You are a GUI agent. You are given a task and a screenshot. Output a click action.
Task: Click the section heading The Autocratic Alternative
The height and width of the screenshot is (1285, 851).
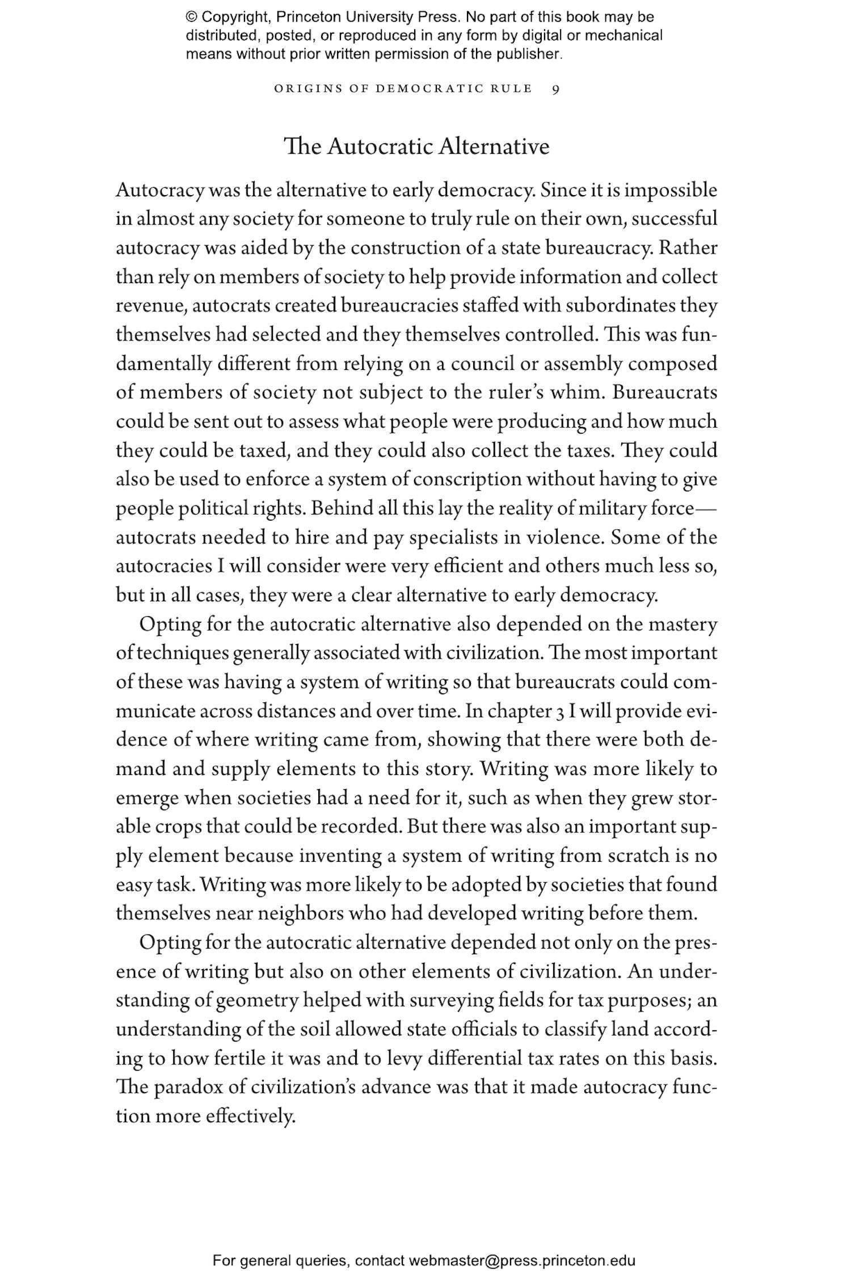(416, 147)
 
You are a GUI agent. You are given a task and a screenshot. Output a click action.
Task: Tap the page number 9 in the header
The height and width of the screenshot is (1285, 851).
(555, 90)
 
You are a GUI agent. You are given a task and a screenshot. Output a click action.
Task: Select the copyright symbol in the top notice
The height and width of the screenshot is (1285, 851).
(191, 17)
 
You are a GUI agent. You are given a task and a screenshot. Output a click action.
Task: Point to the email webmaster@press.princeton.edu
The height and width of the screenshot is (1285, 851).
(521, 1261)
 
